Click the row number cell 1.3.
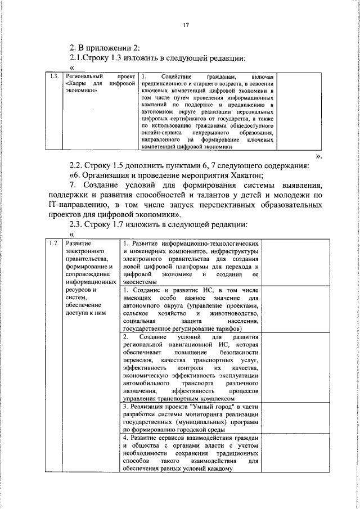click(55, 76)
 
